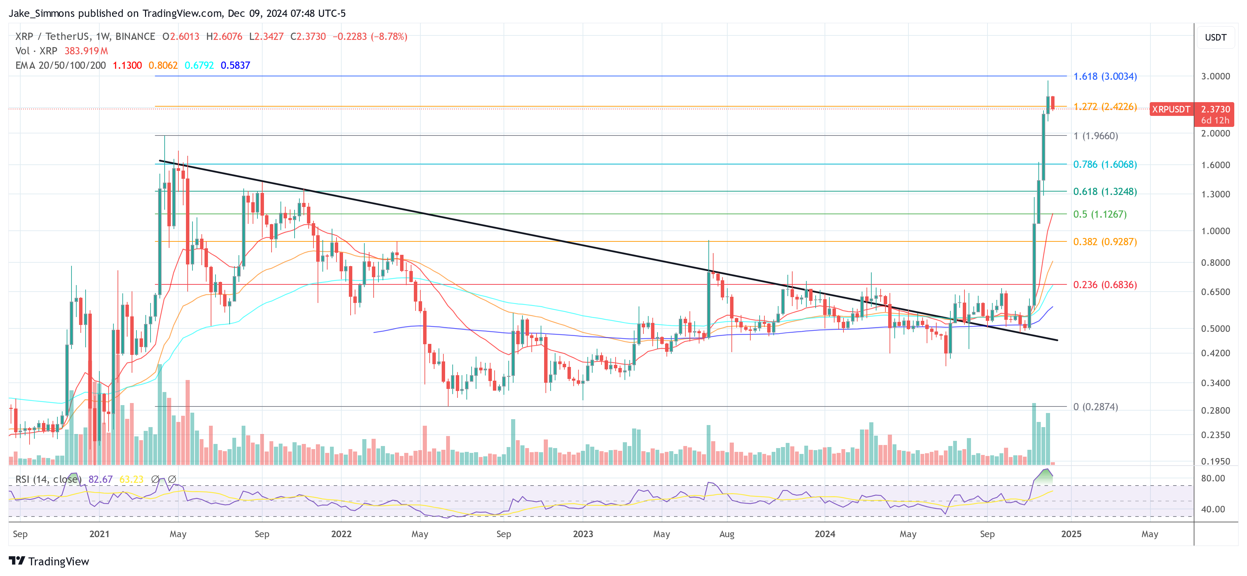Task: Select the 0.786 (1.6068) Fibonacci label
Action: click(1105, 164)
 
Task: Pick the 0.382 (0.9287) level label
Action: click(1105, 242)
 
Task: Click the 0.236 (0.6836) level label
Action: click(1105, 285)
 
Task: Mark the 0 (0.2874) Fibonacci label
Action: click(1095, 407)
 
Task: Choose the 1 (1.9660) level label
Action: click(1095, 136)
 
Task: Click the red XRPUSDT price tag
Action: click(1170, 109)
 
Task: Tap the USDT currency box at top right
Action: click(1215, 37)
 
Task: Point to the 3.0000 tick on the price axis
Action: click(1215, 76)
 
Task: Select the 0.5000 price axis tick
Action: click(1215, 328)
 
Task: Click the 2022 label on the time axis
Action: click(341, 534)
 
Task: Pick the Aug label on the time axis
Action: click(727, 534)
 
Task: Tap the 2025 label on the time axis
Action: click(1071, 534)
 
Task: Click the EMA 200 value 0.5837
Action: click(235, 65)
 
